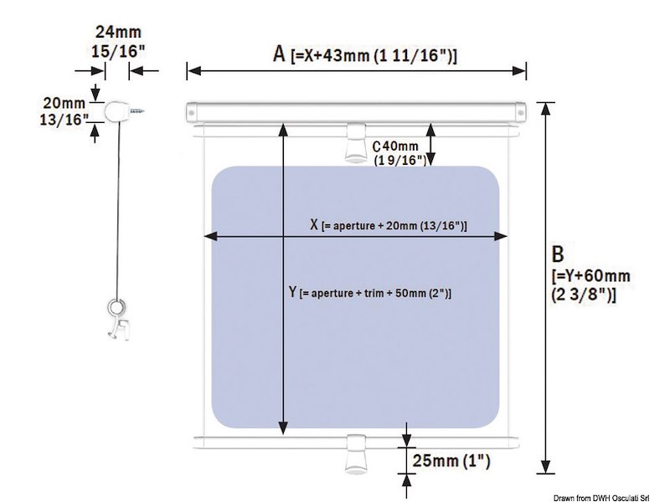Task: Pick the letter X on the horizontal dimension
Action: coord(314,225)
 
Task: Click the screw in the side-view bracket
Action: coord(137,109)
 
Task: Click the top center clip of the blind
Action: coord(355,142)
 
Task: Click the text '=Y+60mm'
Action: coord(590,275)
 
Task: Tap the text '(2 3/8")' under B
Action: coord(584,294)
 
